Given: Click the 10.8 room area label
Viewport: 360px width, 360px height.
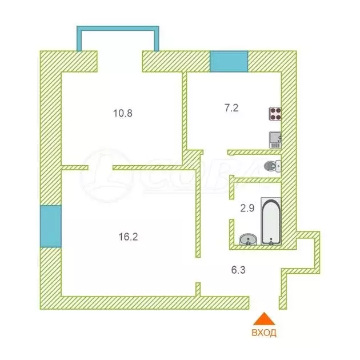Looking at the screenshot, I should (123, 113).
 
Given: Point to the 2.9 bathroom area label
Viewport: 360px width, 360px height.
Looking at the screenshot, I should (247, 208).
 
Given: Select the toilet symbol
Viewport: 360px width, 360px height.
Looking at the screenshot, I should (273, 166).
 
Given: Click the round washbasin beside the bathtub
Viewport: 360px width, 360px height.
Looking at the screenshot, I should (247, 239).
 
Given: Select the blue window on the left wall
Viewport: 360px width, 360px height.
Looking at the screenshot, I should (50, 226).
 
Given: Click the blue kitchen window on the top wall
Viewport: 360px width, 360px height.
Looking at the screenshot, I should (229, 61).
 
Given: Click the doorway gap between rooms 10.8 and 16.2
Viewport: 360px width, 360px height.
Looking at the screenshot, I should (100, 167).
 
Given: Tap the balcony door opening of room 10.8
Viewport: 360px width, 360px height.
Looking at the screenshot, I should (119, 61).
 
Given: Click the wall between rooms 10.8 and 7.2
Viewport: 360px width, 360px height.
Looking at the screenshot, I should (185, 114).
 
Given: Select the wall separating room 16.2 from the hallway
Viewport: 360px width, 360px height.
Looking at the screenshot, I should (198, 211).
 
